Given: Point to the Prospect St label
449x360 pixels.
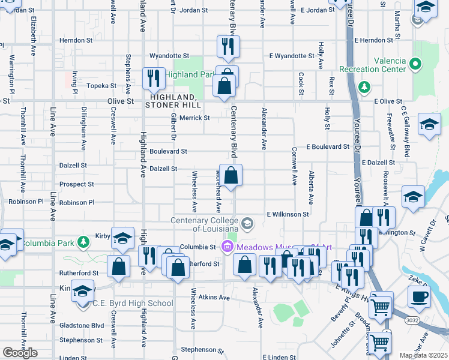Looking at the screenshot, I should (x=77, y=184).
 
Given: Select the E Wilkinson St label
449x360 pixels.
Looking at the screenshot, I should (x=288, y=214).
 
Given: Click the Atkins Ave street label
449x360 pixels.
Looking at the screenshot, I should (x=215, y=298).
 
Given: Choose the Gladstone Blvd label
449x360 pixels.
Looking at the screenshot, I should (x=82, y=325).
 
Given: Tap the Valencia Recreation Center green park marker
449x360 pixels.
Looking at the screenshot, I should (x=415, y=62).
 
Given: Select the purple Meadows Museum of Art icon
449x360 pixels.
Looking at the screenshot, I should (x=227, y=246).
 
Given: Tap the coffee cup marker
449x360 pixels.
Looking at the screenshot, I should (x=419, y=296).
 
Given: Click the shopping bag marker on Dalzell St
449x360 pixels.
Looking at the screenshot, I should (x=231, y=176).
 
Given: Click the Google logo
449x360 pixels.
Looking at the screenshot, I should (x=19, y=353).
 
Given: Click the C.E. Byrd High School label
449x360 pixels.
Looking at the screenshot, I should (x=133, y=304).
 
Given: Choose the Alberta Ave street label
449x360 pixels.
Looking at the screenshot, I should (x=311, y=187).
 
